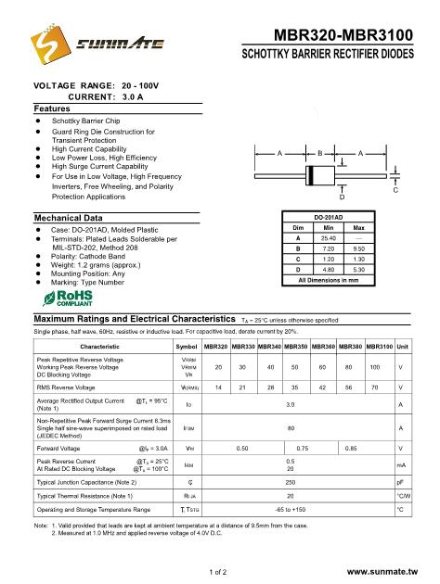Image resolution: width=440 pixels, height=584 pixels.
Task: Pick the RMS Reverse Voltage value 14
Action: pyautogui.click(x=217, y=388)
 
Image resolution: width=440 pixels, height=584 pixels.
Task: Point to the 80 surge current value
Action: pyautogui.click(x=291, y=428)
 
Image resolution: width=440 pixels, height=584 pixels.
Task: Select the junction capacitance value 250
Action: pyautogui.click(x=291, y=483)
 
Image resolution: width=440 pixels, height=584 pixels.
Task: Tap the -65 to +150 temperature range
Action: pyautogui.click(x=291, y=510)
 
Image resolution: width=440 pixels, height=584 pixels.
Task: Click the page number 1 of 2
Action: pyautogui.click(x=219, y=573)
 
